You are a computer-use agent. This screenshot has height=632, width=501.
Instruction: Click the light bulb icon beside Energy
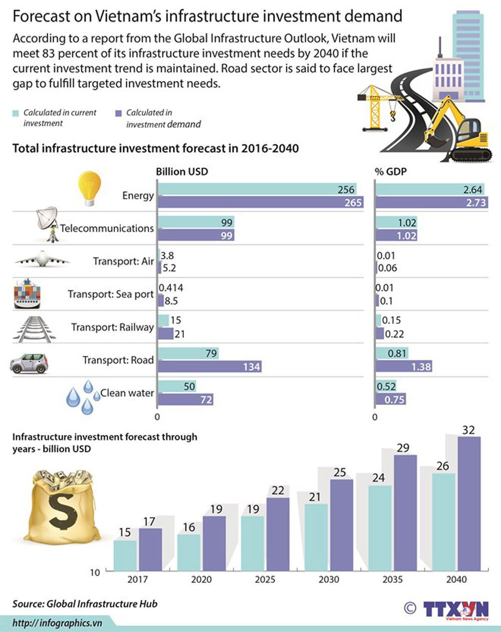point(89,188)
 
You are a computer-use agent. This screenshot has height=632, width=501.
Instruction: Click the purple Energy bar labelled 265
point(260,202)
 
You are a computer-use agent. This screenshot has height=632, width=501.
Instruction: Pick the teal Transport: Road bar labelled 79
point(188,353)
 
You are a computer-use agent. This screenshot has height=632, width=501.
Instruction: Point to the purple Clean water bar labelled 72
point(186,399)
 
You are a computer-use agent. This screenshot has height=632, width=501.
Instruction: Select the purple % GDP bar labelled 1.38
point(404,366)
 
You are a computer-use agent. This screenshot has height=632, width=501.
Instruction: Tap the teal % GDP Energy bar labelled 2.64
point(430,189)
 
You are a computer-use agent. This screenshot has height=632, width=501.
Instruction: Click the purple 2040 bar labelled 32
point(469,503)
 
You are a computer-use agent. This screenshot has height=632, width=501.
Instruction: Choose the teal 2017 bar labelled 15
point(125,555)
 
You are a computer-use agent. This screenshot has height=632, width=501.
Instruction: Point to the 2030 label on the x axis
point(329,579)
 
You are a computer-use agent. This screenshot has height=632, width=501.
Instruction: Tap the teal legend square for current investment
point(16,113)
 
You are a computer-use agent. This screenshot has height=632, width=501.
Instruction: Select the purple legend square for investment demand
point(119,113)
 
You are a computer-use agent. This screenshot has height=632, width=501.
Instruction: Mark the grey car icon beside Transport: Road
point(30,363)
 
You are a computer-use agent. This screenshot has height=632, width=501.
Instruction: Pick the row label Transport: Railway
point(112,327)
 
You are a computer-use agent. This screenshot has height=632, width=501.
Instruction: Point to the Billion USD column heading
point(182,171)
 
